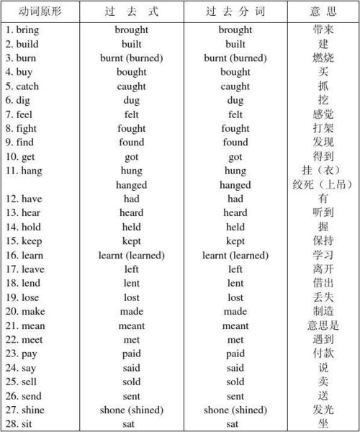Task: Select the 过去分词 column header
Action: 235,12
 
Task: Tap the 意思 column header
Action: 323,12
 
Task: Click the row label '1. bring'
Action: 22,30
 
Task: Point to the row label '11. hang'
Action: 22,171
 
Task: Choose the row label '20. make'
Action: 24,311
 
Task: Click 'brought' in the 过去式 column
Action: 131,30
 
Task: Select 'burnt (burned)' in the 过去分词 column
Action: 235,58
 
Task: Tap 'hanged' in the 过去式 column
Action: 131,185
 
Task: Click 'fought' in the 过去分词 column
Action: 235,129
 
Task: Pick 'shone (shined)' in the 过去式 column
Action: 131,410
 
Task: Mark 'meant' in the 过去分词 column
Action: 235,325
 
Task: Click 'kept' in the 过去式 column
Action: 131,241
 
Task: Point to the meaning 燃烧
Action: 323,58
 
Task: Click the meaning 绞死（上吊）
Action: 323,185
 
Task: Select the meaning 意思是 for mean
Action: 323,325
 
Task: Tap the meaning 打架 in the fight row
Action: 323,129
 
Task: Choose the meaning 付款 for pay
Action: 323,354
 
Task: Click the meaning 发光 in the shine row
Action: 323,410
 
